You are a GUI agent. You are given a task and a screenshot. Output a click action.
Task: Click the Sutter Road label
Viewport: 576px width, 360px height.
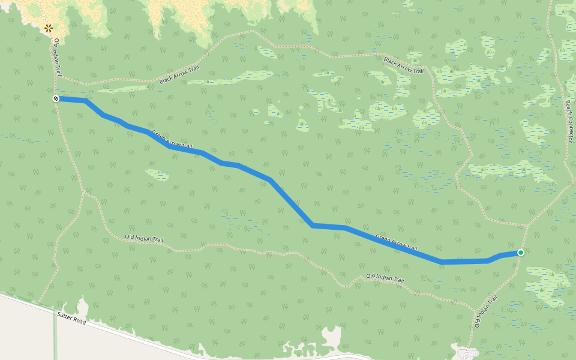[72, 318]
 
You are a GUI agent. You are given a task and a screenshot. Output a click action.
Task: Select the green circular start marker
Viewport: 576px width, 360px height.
[520, 253]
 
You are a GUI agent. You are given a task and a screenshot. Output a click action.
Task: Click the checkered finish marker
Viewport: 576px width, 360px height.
[56, 98]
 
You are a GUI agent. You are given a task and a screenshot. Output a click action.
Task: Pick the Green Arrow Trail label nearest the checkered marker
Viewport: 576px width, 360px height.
[172, 139]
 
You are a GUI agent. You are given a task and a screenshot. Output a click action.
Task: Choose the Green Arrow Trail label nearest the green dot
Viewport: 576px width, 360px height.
[396, 242]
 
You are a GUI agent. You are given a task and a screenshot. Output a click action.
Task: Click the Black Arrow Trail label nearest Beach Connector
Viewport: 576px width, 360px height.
[404, 65]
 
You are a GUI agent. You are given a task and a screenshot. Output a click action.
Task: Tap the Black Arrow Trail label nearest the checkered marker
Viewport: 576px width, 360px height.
[179, 75]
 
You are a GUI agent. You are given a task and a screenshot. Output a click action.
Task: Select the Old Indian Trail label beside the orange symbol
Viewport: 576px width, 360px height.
[58, 58]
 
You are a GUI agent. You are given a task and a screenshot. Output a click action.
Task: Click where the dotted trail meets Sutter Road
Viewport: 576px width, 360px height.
[41, 304]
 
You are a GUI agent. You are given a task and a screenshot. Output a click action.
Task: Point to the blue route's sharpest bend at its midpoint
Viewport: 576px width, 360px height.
[313, 225]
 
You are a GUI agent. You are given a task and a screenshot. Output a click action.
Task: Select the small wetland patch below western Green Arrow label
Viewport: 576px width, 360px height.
[157, 175]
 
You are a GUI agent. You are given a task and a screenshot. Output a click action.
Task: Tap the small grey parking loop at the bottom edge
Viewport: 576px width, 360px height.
[467, 353]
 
